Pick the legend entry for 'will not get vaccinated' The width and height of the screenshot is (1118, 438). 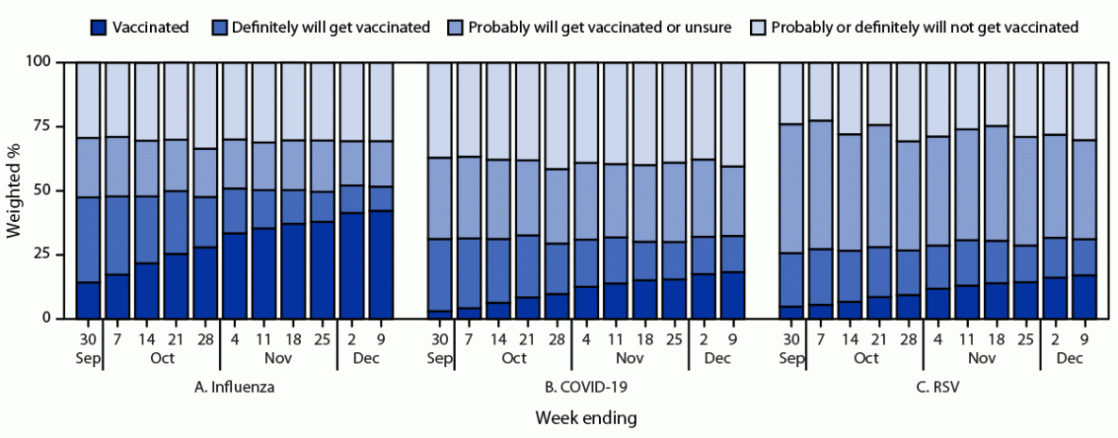pos(924,26)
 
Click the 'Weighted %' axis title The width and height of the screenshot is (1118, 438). pos(13,191)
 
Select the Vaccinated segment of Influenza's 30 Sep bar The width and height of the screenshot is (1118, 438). pos(89,300)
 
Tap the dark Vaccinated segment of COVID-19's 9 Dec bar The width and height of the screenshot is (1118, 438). pos(733,295)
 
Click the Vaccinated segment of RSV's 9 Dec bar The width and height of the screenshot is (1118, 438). pos(1084,297)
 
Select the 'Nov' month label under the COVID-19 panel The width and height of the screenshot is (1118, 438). pos(630,359)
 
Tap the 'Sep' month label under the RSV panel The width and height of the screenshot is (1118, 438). pos(791,359)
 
